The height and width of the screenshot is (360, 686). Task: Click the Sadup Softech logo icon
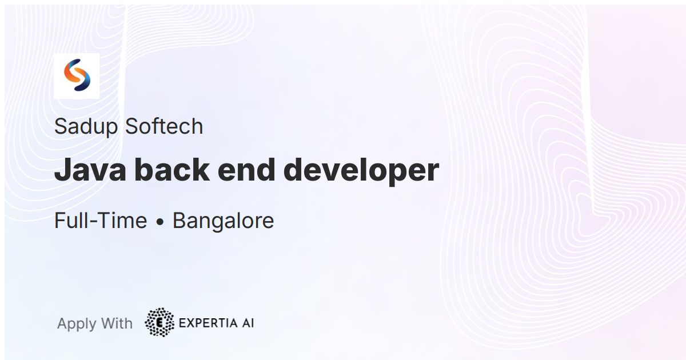click(77, 75)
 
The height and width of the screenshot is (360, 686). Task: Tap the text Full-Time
click(101, 221)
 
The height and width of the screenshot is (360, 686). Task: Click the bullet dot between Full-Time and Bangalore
click(160, 222)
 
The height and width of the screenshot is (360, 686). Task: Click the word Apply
click(77, 324)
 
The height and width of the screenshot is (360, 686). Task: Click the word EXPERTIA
click(207, 323)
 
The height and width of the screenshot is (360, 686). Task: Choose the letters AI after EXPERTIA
click(248, 323)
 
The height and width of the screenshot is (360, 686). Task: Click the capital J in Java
click(62, 170)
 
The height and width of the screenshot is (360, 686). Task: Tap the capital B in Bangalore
click(179, 221)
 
